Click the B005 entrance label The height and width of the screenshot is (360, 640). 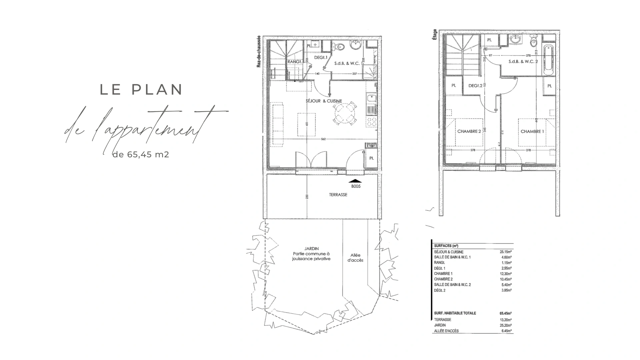(356, 186)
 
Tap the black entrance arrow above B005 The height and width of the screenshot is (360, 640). (355, 181)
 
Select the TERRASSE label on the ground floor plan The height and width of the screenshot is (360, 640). (338, 195)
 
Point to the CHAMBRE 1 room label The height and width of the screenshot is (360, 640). (532, 131)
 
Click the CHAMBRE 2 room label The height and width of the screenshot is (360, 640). (469, 131)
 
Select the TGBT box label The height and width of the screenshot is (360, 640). (371, 146)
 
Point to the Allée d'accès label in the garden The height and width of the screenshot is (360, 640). (355, 257)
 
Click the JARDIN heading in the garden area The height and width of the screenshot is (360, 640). (311, 249)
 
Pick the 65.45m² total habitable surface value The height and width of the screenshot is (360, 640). (505, 313)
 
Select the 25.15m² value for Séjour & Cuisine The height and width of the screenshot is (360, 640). (505, 252)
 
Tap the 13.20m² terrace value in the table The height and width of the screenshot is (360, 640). (505, 320)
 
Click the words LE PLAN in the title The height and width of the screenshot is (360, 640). (142, 90)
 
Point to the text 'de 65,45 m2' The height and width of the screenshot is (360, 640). (141, 155)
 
